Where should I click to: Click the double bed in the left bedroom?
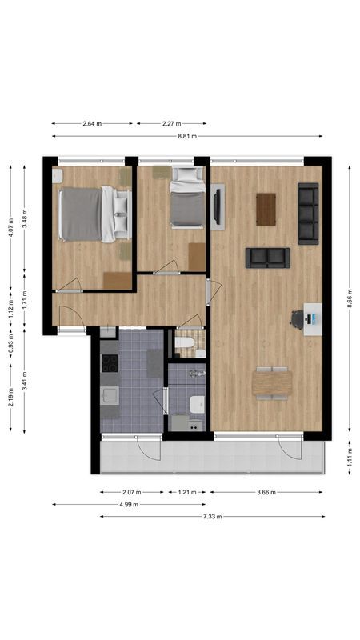coord(92,214)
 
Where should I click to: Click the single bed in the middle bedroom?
coord(187,206)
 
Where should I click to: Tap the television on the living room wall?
coord(218,206)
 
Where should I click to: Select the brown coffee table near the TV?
coord(266,209)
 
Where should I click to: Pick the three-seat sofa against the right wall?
coord(308,213)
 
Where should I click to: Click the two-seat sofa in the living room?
coord(267,257)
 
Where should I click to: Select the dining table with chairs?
coord(271,382)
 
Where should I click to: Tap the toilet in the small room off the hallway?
coord(186,346)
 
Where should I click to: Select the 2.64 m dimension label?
coord(93,124)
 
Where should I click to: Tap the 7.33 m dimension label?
coord(212,517)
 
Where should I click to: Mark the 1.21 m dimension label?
coord(187,492)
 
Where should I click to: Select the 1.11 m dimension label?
coord(350,456)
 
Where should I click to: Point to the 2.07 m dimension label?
coord(132,492)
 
